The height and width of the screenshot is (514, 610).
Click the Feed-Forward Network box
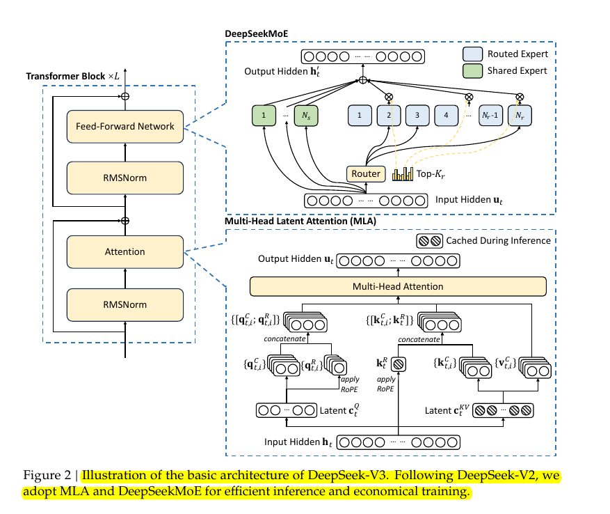tap(125, 127)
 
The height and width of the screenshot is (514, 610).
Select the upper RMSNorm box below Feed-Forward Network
tap(125, 178)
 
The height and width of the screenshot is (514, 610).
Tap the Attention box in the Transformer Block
tap(125, 251)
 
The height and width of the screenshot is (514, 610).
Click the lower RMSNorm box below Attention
tap(125, 305)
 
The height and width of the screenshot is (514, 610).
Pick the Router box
tap(366, 174)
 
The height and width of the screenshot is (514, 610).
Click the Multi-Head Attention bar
tap(398, 286)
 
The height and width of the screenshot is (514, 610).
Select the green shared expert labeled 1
tap(264, 116)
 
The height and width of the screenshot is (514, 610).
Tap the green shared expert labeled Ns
tap(306, 116)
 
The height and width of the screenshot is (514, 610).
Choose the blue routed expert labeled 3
tap(417, 116)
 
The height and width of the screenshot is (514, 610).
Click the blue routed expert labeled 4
tap(447, 116)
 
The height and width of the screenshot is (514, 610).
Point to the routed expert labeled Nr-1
tap(490, 116)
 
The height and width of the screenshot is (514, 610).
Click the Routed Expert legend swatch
tap(473, 54)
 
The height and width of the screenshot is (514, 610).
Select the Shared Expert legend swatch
tap(473, 71)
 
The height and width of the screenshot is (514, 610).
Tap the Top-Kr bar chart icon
tap(403, 174)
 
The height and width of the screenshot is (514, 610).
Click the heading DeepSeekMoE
tap(257, 34)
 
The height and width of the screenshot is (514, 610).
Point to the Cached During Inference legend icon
tap(429, 241)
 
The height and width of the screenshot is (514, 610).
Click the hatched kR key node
tap(398, 364)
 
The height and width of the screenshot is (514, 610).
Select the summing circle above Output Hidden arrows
tap(362, 80)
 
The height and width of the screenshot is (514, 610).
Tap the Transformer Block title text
tap(72, 76)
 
